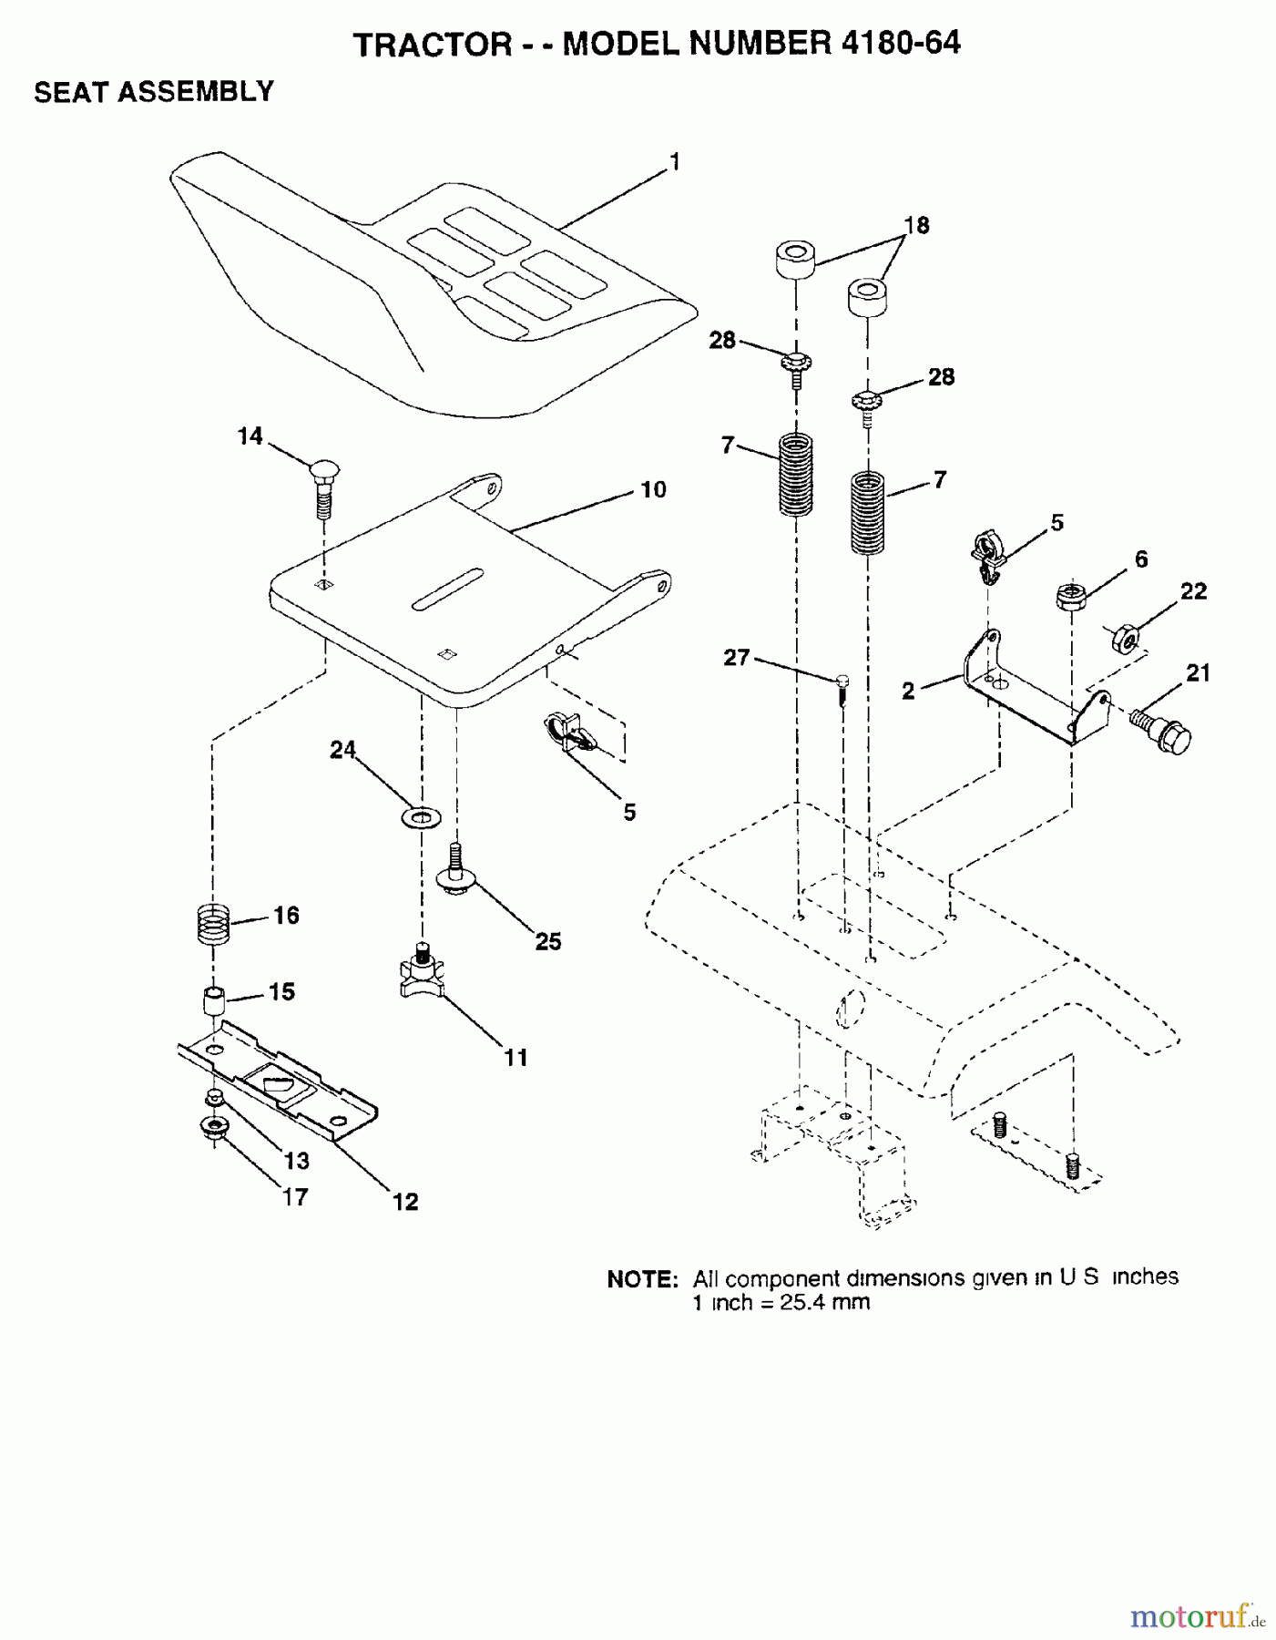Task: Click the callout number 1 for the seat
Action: click(x=674, y=162)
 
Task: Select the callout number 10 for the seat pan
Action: click(x=653, y=489)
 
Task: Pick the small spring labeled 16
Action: click(x=212, y=924)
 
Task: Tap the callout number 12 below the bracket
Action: click(x=405, y=1202)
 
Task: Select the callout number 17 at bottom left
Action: click(x=294, y=1197)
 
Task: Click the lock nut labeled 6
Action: click(x=1071, y=597)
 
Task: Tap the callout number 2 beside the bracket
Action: click(x=908, y=692)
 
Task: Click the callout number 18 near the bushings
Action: click(x=916, y=225)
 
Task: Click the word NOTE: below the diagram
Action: click(x=641, y=1278)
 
